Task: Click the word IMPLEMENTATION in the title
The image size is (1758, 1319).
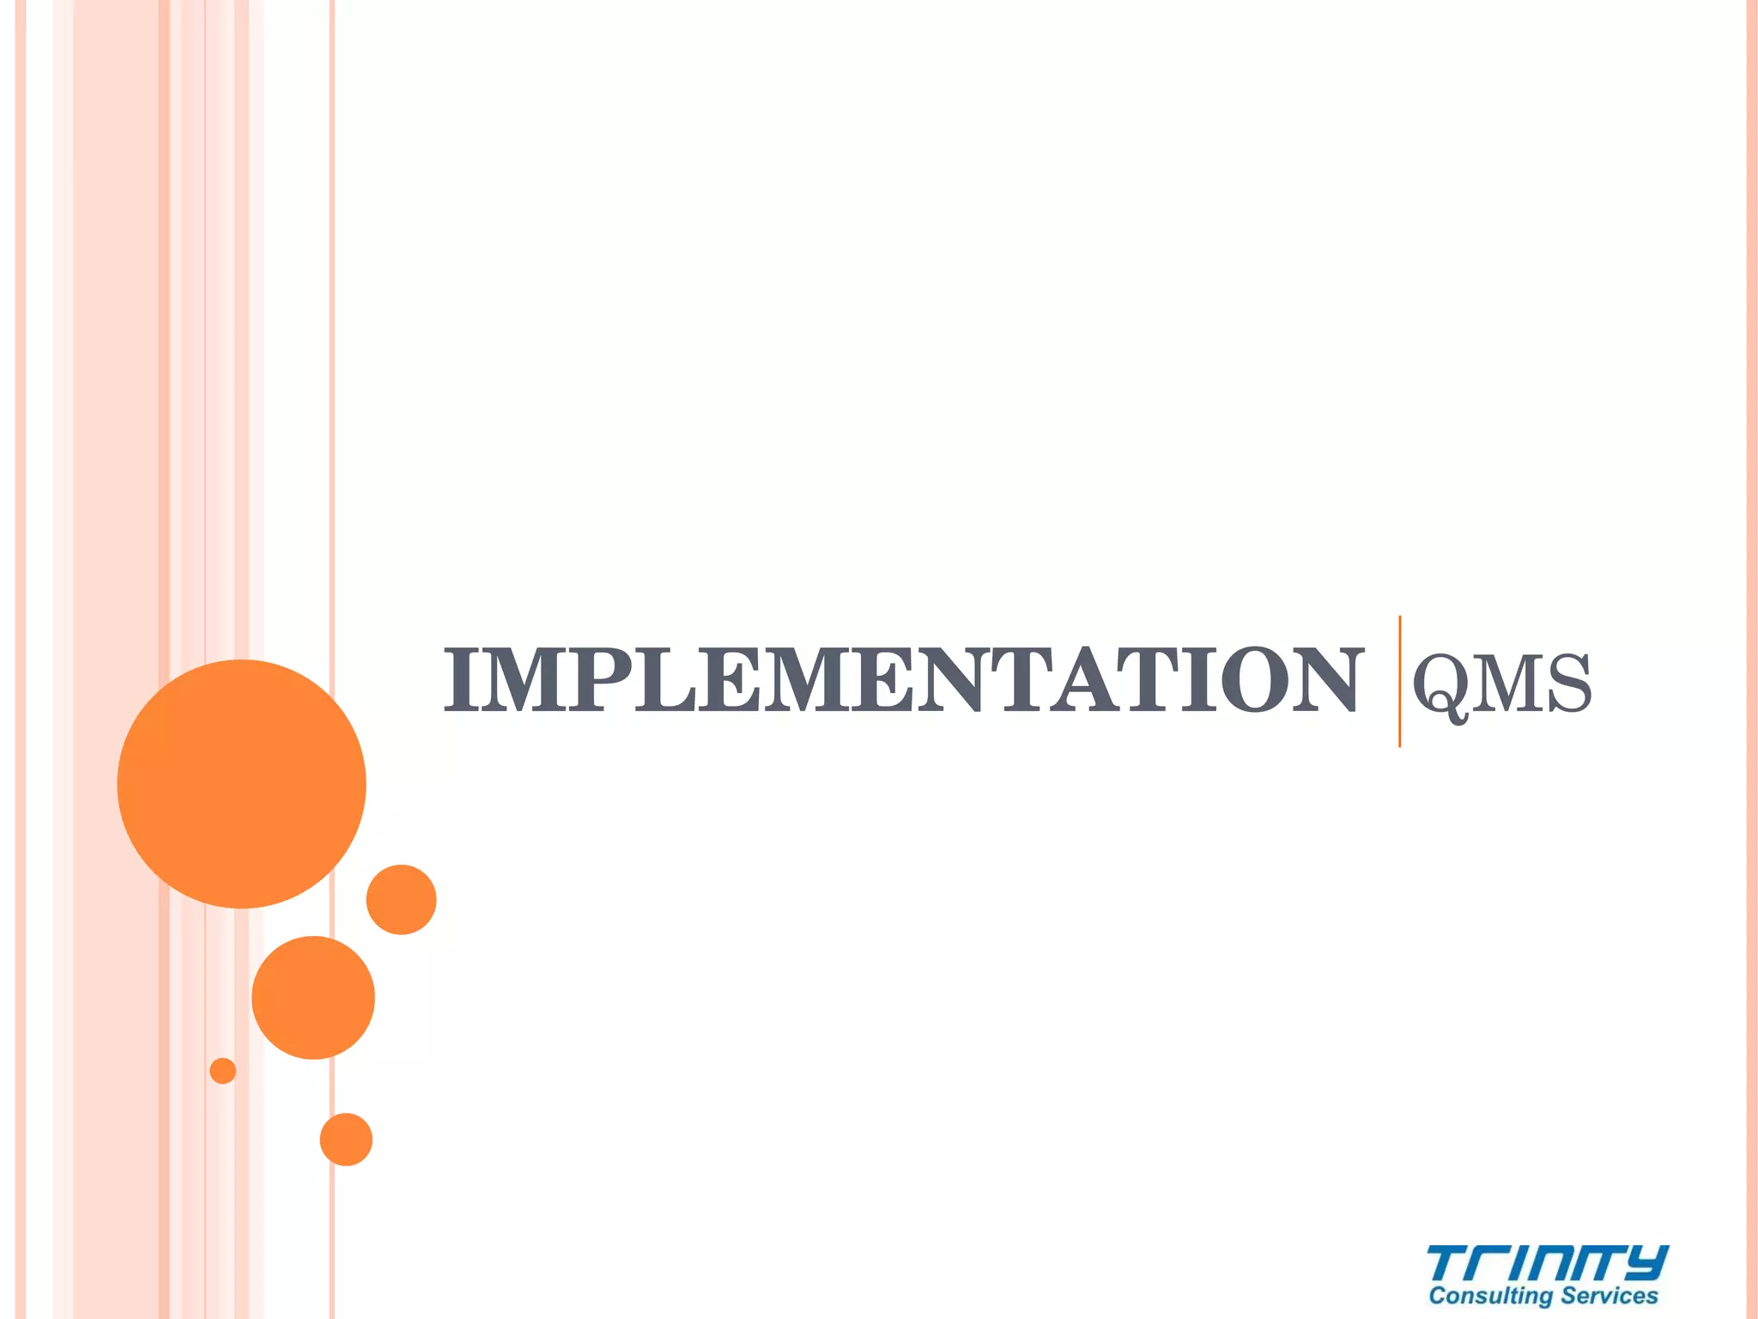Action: pos(901,681)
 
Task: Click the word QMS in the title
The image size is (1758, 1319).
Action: pos(1502,684)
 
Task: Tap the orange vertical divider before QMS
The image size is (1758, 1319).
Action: pos(1399,681)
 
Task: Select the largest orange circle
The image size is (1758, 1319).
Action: pos(241,783)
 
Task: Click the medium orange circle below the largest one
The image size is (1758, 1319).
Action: pos(313,997)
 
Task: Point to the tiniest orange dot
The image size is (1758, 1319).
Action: pos(222,1071)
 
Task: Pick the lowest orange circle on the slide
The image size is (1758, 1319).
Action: pos(346,1139)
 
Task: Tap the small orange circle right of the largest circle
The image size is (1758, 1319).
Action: pos(401,899)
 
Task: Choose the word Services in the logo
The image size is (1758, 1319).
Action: pos(1609,1296)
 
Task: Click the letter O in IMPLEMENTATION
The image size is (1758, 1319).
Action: pos(1254,681)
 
